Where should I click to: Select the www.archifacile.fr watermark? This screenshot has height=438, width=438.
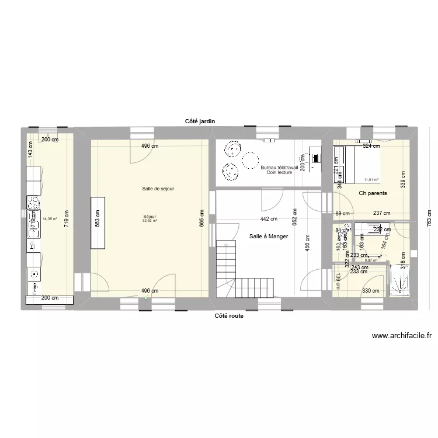[401, 336]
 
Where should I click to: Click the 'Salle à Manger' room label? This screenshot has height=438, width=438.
[268, 236]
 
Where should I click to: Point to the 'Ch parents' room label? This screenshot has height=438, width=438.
[373, 193]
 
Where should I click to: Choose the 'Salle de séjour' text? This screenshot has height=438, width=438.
[158, 188]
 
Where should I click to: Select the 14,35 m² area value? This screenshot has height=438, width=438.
[50, 220]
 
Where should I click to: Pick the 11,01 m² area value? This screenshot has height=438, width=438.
[371, 180]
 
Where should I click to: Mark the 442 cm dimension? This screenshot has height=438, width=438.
[269, 219]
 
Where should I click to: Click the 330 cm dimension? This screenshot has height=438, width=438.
[370, 291]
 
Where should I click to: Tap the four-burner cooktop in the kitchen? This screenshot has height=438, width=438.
[33, 203]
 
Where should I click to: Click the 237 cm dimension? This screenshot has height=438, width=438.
[382, 213]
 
